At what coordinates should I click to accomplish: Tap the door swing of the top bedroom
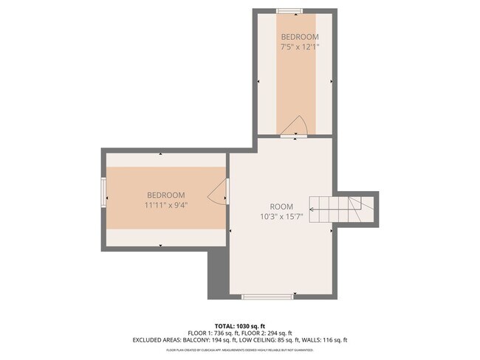[x=297, y=125]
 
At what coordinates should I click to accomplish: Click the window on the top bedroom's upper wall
[x=289, y=10]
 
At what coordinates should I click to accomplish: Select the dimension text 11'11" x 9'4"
[x=166, y=206]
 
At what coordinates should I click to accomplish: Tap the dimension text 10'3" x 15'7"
[x=281, y=217]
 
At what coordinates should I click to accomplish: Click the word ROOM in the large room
[x=281, y=206]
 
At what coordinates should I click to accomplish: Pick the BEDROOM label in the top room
[x=299, y=37]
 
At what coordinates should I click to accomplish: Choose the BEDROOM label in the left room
[x=166, y=195]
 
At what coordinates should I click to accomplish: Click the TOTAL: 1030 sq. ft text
[x=239, y=325]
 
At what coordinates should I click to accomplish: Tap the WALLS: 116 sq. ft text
[x=321, y=340]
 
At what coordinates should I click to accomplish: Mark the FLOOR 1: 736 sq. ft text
[x=213, y=333]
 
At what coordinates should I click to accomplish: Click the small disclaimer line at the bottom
[x=239, y=350]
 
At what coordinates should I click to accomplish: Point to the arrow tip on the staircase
[x=311, y=210]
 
